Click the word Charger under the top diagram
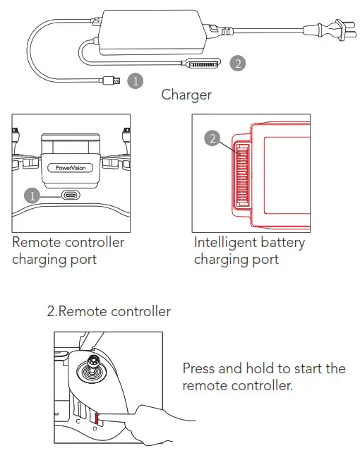coord(186,95)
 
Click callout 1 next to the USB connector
coord(135,81)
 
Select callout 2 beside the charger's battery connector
coord(238,64)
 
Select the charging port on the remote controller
coord(71,196)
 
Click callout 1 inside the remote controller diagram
coord(32,195)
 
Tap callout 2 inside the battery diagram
coord(212,138)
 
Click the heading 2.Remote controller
coord(109,311)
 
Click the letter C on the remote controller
coord(78,422)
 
